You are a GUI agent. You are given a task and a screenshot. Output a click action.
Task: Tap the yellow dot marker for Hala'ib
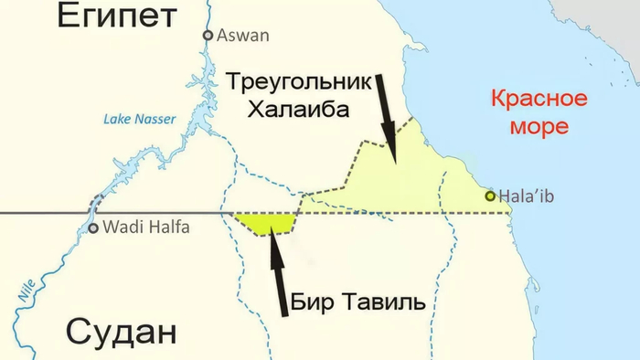click(491, 196)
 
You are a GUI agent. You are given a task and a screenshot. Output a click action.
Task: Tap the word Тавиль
click(383, 302)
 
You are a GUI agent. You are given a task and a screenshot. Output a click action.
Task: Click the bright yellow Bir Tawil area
click(266, 222)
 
